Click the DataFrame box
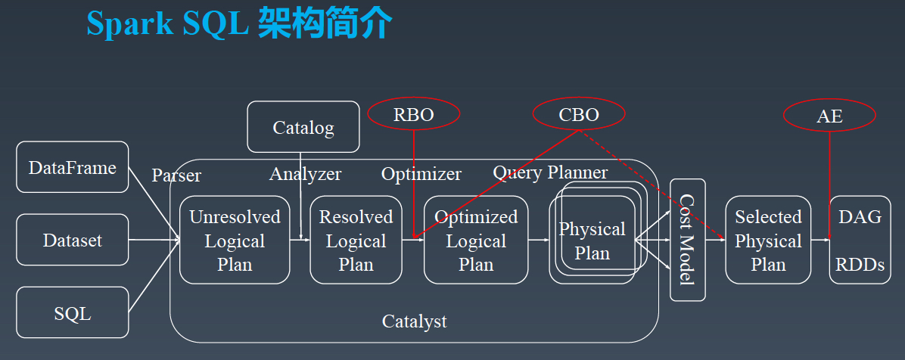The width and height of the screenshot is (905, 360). click(x=72, y=166)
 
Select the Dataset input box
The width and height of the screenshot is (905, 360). click(x=72, y=240)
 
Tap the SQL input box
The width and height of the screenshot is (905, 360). click(x=72, y=312)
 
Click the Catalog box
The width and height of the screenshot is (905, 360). click(x=303, y=126)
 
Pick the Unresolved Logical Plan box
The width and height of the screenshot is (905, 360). click(x=235, y=240)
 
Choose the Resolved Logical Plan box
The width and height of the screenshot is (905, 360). click(x=356, y=240)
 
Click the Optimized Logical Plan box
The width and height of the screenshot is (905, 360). click(x=476, y=240)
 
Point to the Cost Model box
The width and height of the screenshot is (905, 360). click(x=687, y=240)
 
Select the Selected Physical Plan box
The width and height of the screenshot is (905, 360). click(x=768, y=240)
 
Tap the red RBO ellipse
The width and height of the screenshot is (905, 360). click(x=414, y=115)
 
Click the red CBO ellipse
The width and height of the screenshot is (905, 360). click(x=579, y=114)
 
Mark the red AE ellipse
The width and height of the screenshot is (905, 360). click(x=829, y=116)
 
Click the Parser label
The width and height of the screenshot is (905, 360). click(x=176, y=175)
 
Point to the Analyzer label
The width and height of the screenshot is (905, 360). click(x=305, y=173)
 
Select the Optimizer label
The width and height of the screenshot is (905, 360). click(x=421, y=174)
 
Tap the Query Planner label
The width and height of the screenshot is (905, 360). click(x=550, y=172)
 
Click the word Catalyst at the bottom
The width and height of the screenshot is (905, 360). click(x=415, y=321)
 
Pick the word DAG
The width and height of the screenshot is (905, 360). click(x=860, y=217)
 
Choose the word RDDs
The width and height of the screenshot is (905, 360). click(x=860, y=264)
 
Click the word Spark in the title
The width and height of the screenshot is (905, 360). click(x=131, y=24)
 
